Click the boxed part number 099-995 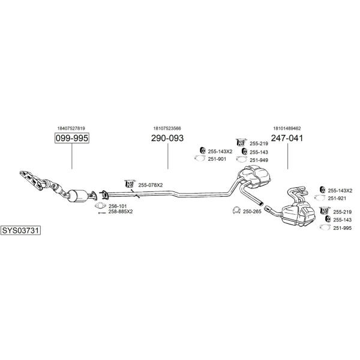(71, 138)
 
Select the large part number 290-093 (167, 138)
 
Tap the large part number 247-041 (287, 138)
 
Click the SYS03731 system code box (20, 230)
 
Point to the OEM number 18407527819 (71, 128)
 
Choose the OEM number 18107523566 (167, 128)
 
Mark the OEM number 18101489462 (287, 128)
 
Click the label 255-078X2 (151, 185)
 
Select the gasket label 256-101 (118, 206)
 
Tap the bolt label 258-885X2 (121, 211)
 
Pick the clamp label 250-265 (252, 211)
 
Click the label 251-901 (217, 159)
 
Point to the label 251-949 (259, 160)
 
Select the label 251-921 (337, 199)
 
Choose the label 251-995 (343, 228)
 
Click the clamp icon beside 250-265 (236, 211)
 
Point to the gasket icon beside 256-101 (100, 206)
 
